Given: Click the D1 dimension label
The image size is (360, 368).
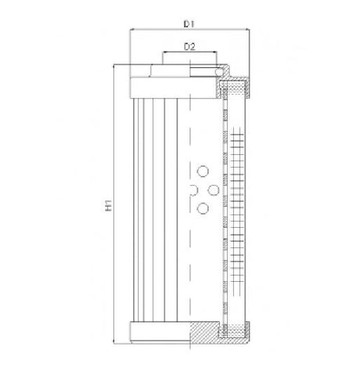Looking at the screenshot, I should [x=189, y=24].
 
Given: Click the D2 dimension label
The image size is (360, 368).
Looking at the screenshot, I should [x=189, y=48].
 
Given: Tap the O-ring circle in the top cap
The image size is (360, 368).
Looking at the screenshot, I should [x=221, y=73].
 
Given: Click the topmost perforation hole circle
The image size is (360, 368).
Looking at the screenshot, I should [x=203, y=171].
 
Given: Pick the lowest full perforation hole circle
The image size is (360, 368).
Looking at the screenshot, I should [x=203, y=207].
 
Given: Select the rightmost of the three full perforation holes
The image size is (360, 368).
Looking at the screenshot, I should [x=214, y=189].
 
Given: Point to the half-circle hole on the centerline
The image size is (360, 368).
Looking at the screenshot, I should [x=193, y=189].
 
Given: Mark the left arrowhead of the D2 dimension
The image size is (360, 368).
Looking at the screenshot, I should [x=164, y=55].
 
